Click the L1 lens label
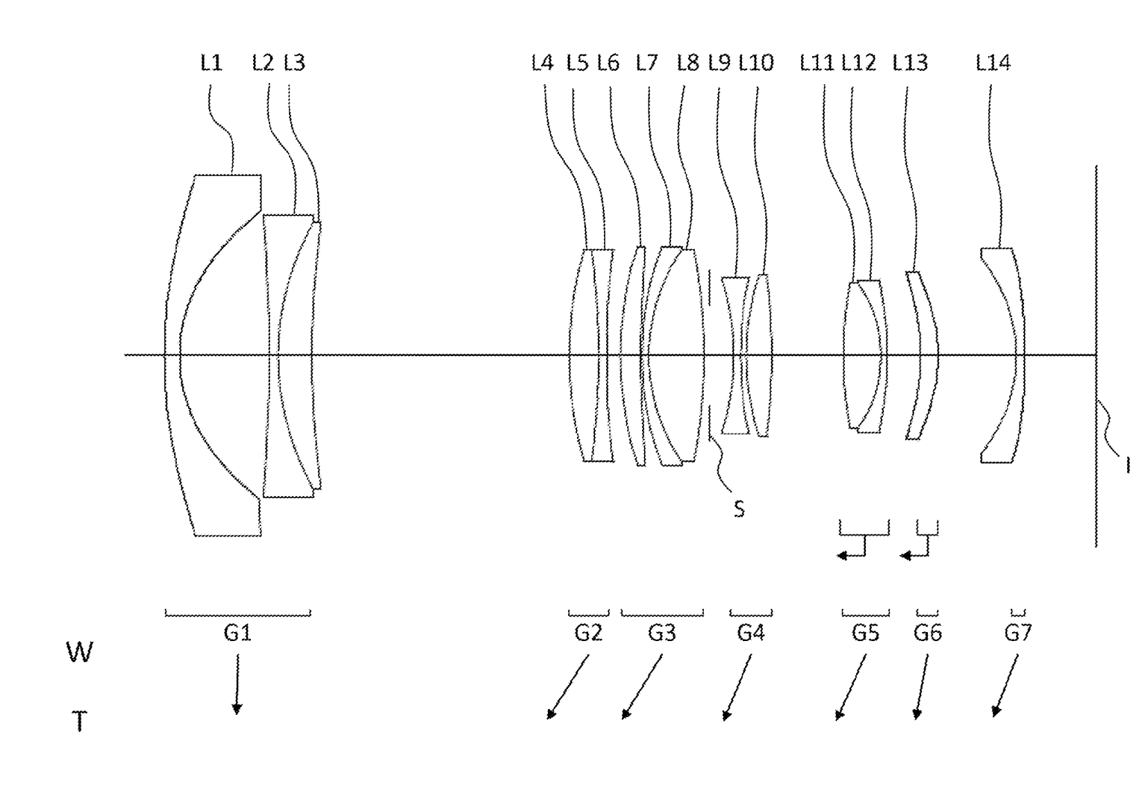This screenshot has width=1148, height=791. pos(210,63)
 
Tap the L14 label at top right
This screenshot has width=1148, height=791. pos(993,63)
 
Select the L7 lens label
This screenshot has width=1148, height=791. pos(646,63)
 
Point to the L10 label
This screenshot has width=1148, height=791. pos(756,63)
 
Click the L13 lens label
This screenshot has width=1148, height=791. pos(910,63)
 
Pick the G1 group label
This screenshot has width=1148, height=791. pos(237,633)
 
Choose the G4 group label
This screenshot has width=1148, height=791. pos(751,633)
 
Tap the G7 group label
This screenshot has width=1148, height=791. pos(1018,633)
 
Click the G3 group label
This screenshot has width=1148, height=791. pos(661,633)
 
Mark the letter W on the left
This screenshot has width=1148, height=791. pos(79,652)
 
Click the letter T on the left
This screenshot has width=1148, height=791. pos(79,722)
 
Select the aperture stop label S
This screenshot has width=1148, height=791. pos(739,509)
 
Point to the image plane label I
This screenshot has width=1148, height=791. pos(1128,465)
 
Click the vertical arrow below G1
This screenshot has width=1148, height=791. pos(237,684)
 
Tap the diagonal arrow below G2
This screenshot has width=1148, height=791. pos(568,687)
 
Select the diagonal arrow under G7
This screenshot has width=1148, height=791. pos(1005,686)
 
